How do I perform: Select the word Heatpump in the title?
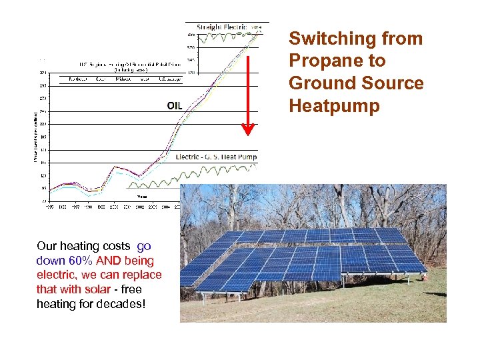tap(334, 105)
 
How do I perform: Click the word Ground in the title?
tap(318, 83)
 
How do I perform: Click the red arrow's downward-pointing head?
tap(248, 129)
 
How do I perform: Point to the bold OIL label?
tap(175, 106)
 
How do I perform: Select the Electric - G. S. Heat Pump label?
tap(216, 157)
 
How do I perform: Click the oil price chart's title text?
tap(130, 65)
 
